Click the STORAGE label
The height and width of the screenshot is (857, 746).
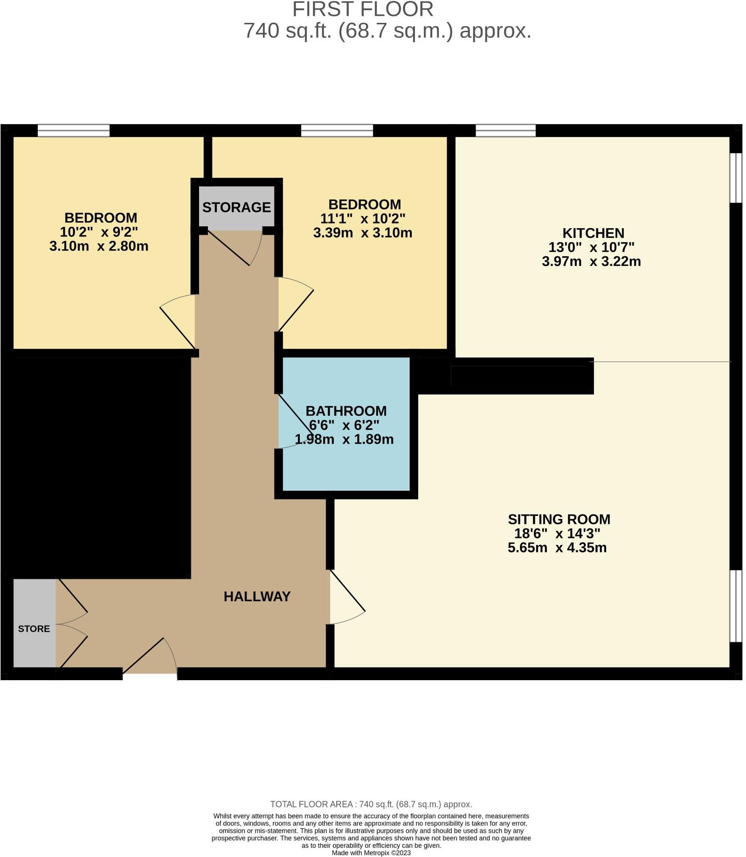[x=236, y=207]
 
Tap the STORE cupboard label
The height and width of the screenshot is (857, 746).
[x=34, y=628]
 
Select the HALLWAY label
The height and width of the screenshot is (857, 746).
[x=257, y=596]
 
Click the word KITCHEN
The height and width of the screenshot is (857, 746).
[x=593, y=233]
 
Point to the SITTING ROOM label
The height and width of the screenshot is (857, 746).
[x=559, y=519]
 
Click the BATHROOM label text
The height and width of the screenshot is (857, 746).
[x=346, y=411]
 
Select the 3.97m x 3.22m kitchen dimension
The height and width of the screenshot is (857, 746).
[x=591, y=261]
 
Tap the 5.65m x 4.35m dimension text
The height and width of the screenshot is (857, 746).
[x=557, y=548]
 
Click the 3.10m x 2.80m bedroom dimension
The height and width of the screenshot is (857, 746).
[x=99, y=246]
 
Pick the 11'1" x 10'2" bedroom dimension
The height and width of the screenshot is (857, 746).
[x=363, y=218]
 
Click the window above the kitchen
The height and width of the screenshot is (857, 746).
[x=505, y=130]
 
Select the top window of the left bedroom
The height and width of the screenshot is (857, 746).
[x=74, y=130]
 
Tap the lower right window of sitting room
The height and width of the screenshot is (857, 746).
[x=735, y=606]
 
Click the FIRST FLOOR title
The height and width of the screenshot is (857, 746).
[x=362, y=9]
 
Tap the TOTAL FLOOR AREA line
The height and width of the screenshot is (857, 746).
[x=371, y=804]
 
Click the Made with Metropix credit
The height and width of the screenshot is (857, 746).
[x=371, y=853]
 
